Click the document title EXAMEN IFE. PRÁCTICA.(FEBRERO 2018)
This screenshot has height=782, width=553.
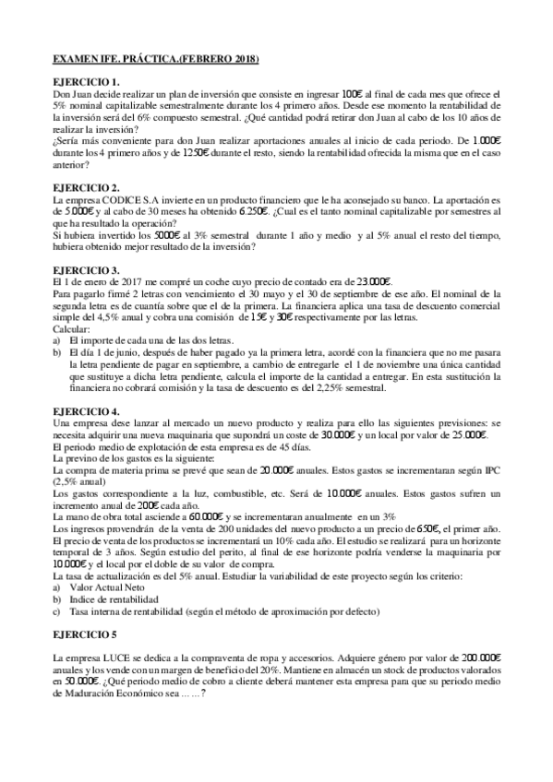(154, 60)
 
